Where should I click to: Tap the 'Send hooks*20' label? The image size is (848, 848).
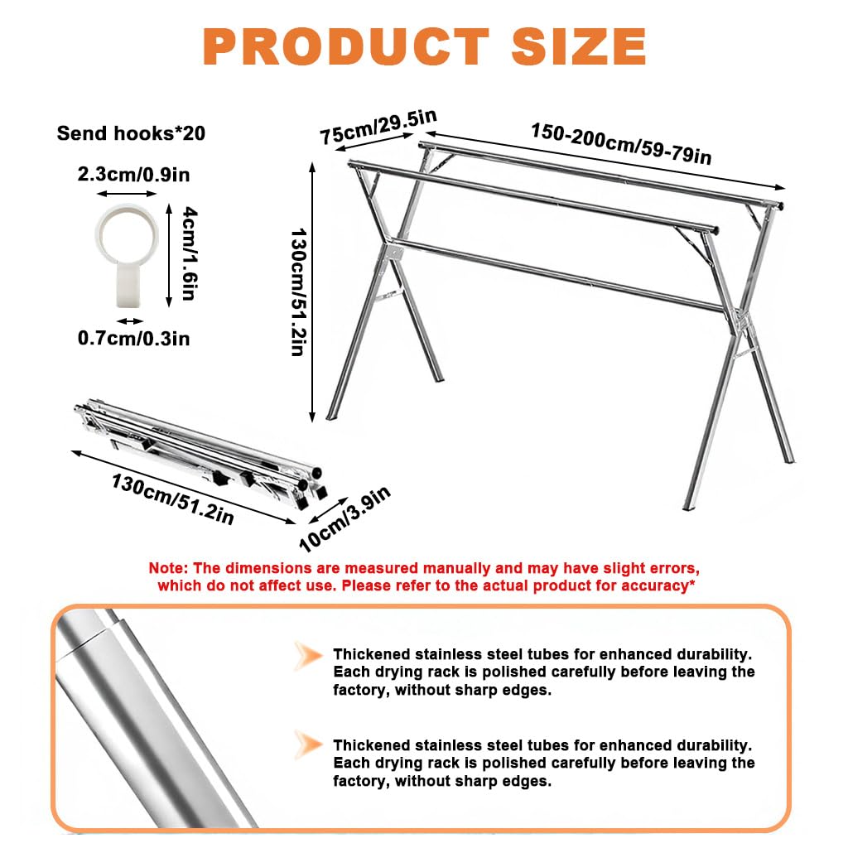131,133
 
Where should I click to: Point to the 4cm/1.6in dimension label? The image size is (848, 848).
189,253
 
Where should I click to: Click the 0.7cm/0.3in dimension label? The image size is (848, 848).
133,339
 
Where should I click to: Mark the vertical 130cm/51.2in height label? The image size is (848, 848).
296,282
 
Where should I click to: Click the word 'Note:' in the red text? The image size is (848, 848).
169,569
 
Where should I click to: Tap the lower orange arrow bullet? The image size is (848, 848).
308,744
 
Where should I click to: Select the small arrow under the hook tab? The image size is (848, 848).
128,320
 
